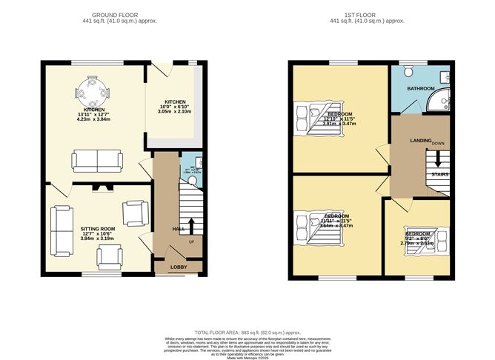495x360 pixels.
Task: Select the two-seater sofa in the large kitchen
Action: click(x=97, y=159)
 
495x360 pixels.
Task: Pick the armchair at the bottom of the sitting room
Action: click(x=109, y=256)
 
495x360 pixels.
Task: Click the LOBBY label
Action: click(x=178, y=267)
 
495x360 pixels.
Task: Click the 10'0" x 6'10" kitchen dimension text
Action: click(x=174, y=108)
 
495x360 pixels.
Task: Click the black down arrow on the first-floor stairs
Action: click(x=437, y=157)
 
